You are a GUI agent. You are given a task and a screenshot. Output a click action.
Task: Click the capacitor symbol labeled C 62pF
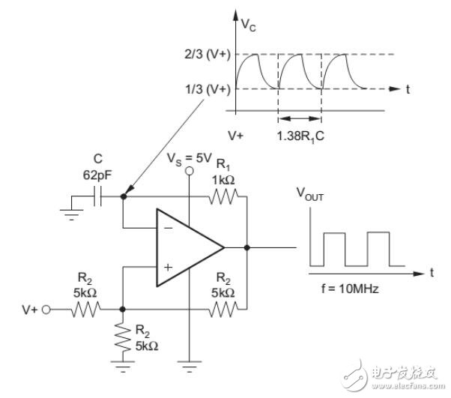(98, 196)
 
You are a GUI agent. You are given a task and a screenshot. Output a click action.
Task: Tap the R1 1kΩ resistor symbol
(223, 196)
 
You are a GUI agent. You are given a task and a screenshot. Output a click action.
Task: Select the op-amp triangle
(190, 247)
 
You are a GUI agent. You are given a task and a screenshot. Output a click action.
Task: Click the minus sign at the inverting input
(169, 228)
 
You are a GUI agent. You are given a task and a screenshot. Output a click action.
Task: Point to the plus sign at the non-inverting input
(168, 268)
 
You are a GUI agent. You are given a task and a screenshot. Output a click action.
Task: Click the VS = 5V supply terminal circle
(189, 171)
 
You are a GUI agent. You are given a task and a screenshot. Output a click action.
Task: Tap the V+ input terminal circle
(46, 310)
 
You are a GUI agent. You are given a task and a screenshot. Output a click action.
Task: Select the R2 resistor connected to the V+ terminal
(85, 310)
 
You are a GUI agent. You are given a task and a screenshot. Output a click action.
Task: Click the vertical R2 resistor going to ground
(123, 337)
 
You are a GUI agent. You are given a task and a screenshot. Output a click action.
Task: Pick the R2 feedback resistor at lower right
(223, 310)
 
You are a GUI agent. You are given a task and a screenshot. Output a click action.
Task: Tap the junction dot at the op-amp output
(246, 247)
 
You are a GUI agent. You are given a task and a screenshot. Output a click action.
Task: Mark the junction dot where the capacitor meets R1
(124, 196)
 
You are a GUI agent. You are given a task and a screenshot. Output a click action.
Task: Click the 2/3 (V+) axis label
(208, 54)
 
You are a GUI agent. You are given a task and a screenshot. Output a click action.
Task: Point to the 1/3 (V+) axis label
(208, 89)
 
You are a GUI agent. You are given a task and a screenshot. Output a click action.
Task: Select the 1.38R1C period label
(300, 136)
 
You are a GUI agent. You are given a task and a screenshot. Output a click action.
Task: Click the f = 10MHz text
(350, 289)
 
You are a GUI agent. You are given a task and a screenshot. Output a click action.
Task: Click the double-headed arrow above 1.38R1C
(300, 118)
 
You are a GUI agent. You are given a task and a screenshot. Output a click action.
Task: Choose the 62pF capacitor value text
(97, 175)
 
